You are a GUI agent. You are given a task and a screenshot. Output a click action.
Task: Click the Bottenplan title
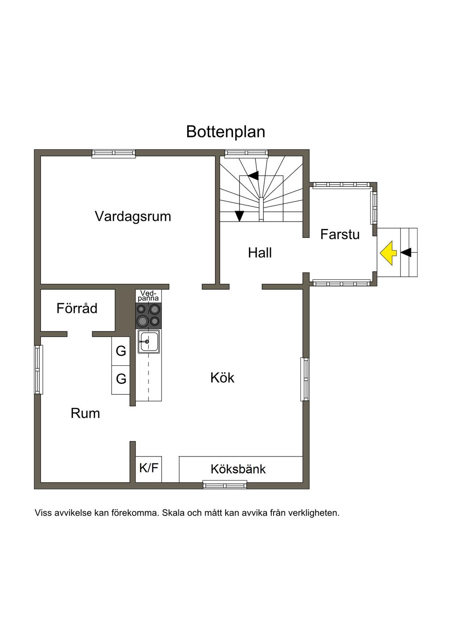coord(225,132)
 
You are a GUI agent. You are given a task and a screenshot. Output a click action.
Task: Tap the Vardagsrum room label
coord(133,216)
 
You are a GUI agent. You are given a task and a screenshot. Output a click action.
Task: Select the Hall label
coord(259,253)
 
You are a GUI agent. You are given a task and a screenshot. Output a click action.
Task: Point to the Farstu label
coord(340,234)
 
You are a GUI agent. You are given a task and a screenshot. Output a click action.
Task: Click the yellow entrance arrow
coord(388,253)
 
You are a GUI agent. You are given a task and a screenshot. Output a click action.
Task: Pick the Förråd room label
coord(77,308)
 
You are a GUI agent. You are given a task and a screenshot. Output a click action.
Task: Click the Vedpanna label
coord(148,296)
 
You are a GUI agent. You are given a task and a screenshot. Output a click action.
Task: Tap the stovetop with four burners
coord(148,315)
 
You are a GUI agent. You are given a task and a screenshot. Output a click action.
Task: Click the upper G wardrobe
coord(121,351)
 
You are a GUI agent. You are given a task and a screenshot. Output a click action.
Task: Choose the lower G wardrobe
coord(121,379)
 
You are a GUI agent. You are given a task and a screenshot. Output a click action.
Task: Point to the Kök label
coord(222,378)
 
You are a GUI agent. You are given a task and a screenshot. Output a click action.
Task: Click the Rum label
coord(85,413)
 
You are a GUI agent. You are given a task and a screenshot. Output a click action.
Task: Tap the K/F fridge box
coord(148,468)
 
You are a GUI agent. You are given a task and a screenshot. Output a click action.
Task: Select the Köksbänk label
coord(238,469)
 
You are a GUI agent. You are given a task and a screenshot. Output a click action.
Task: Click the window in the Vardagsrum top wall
coord(114,153)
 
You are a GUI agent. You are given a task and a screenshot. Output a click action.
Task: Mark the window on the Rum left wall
coord(39,369)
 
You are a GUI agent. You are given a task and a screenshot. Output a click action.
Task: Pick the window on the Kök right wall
coord(305,379)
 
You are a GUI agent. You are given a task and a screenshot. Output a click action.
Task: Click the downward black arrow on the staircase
coord(239,215)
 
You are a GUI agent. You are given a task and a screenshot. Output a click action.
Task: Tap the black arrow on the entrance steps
coord(406,252)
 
